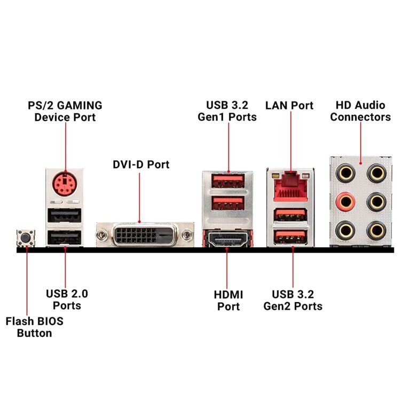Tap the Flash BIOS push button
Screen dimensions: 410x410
25,238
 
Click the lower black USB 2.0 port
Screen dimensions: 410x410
65,238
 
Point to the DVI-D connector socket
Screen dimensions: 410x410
139,234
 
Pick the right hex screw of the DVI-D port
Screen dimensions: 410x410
185,234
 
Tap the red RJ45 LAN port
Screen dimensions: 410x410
291,187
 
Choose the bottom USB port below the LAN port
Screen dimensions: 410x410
291,236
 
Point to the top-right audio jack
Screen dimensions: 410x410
378,173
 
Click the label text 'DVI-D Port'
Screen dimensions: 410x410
140,164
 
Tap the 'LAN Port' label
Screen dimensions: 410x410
289,105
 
